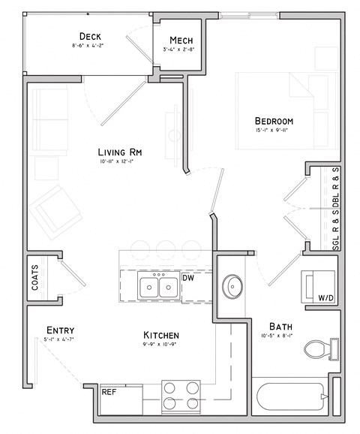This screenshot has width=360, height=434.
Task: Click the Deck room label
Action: [x=90, y=37]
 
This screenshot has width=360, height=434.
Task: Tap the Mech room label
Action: [x=181, y=40]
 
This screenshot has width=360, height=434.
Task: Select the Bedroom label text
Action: [x=274, y=121]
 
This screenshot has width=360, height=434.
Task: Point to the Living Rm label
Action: [x=120, y=152]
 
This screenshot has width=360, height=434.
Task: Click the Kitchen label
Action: [x=161, y=335]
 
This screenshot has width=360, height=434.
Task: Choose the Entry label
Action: [x=59, y=330]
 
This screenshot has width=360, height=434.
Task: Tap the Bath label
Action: [x=281, y=327]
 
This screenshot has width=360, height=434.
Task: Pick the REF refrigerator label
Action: [x=109, y=391]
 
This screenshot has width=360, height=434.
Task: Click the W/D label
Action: [x=325, y=298]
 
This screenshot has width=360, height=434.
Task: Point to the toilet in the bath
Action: [x=318, y=349]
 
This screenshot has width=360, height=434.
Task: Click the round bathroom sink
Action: [x=233, y=286]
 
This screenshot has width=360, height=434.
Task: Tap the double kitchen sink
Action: [x=159, y=286]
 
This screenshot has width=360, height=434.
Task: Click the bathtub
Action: [x=289, y=396]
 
